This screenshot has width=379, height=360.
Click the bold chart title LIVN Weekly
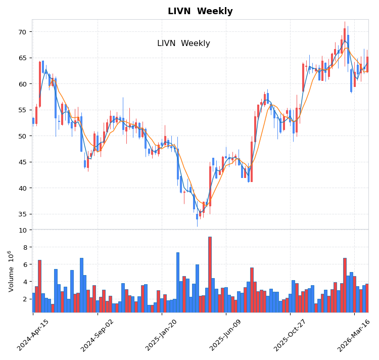point(200,11)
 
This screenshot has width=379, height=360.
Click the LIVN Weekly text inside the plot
point(183,43)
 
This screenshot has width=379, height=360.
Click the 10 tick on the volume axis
point(23,230)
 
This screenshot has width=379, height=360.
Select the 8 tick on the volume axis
point(24,247)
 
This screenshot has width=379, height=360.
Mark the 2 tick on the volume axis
point(24,299)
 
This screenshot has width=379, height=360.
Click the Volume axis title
point(11,271)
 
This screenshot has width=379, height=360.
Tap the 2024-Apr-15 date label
point(33,335)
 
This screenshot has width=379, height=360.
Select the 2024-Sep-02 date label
point(98,335)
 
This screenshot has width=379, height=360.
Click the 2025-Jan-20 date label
point(162,335)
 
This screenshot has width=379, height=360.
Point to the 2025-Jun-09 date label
point(226,335)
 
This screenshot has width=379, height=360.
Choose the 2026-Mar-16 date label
point(354,335)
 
